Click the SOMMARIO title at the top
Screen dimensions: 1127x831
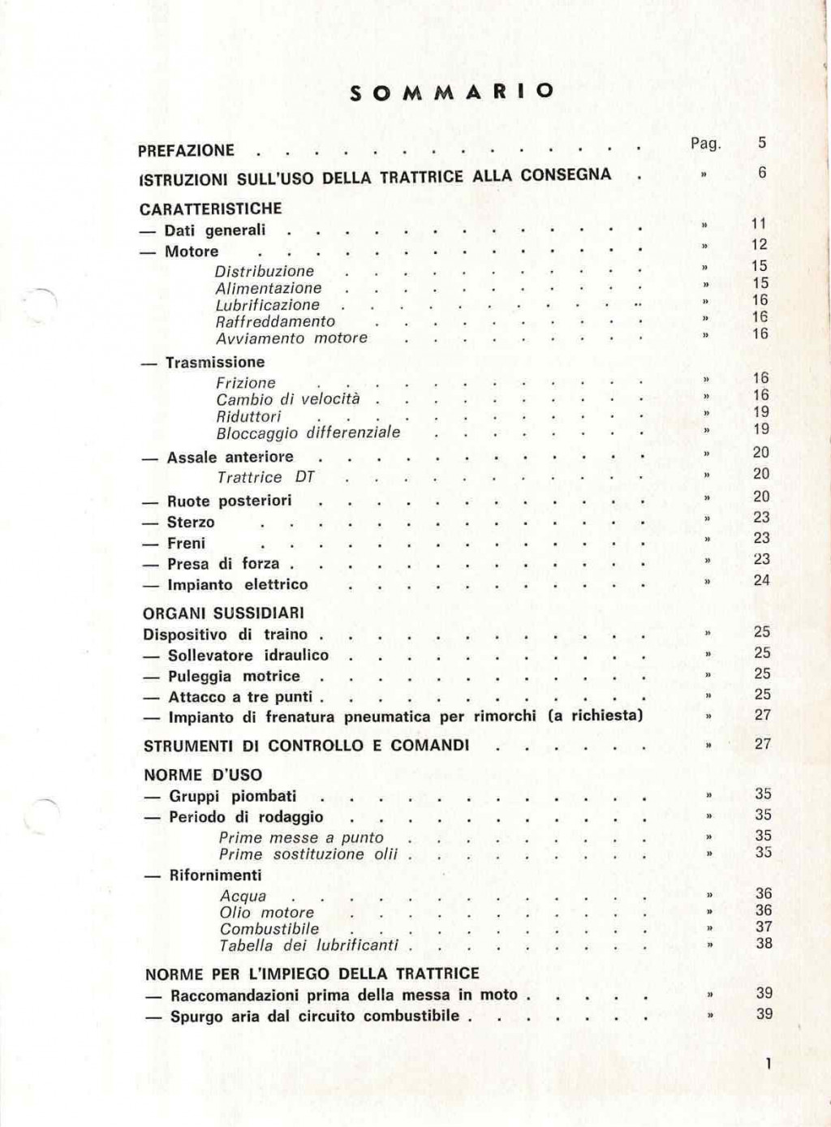point(452,92)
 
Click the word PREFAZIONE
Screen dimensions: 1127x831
point(186,150)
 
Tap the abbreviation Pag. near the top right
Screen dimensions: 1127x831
point(705,144)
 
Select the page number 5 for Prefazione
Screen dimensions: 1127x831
point(762,143)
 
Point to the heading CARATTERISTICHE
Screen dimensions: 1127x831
point(211,209)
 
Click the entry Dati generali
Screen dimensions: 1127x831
point(214,230)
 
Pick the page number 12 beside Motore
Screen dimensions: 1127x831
point(759,244)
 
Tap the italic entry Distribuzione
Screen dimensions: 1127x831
point(265,271)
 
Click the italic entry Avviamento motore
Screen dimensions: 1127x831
point(291,338)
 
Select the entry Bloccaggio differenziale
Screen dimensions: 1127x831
point(308,432)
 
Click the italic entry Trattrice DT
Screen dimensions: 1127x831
point(265,477)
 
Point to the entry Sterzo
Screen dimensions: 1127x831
point(191,522)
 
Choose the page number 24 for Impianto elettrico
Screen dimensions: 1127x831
point(761,580)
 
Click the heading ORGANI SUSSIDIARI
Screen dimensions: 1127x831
point(223,613)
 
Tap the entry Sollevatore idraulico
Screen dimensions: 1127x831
point(248,655)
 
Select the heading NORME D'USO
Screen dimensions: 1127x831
point(203,775)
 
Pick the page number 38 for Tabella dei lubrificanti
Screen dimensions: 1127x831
point(764,944)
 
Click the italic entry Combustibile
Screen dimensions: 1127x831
point(269,929)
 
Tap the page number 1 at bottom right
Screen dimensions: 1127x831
point(768,1064)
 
